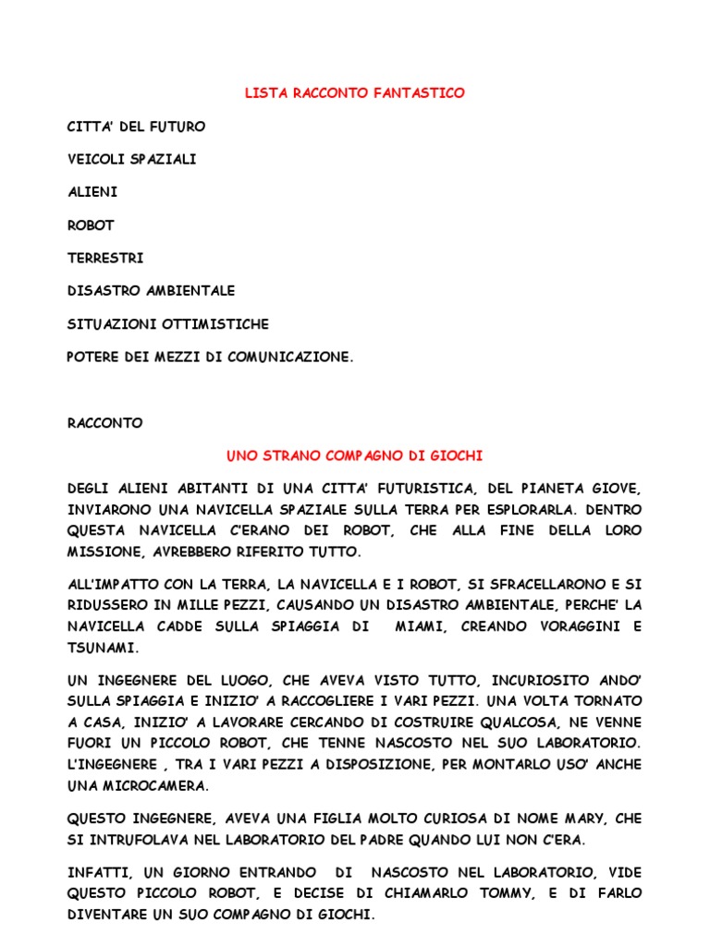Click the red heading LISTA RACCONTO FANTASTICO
tap(354, 93)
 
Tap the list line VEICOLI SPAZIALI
tap(131, 159)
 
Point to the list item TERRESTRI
tap(105, 258)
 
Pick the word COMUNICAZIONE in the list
tap(293, 357)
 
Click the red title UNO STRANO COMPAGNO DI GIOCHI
tap(355, 455)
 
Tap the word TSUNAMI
tap(101, 648)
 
